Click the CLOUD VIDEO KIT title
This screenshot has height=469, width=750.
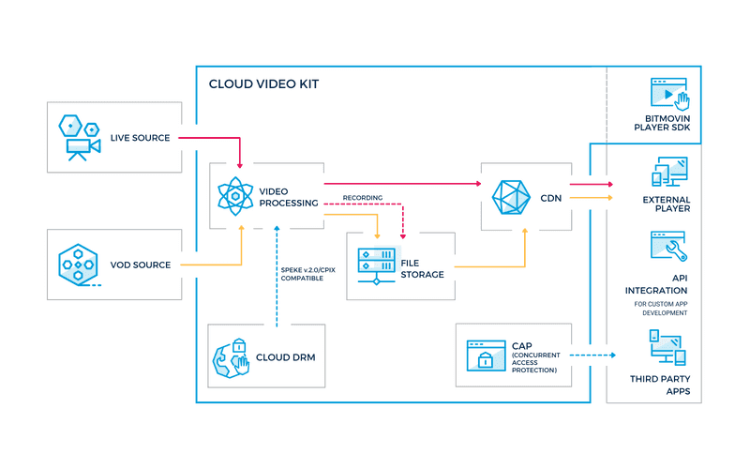tap(263, 84)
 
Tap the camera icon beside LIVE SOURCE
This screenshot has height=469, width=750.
tap(79, 137)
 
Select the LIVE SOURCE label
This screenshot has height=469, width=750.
tap(141, 138)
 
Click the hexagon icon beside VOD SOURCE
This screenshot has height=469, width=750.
tap(79, 265)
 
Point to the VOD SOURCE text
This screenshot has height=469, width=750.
tap(141, 265)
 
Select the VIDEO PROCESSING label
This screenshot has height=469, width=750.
tap(288, 196)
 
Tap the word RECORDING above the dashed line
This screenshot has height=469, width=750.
tap(362, 198)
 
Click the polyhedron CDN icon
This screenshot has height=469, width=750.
tap(512, 196)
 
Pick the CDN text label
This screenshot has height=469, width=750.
tap(551, 197)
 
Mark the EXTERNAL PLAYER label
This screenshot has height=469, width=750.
tap(667, 204)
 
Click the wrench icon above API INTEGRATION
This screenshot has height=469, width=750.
tap(667, 247)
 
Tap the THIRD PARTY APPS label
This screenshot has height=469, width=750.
tap(667, 385)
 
